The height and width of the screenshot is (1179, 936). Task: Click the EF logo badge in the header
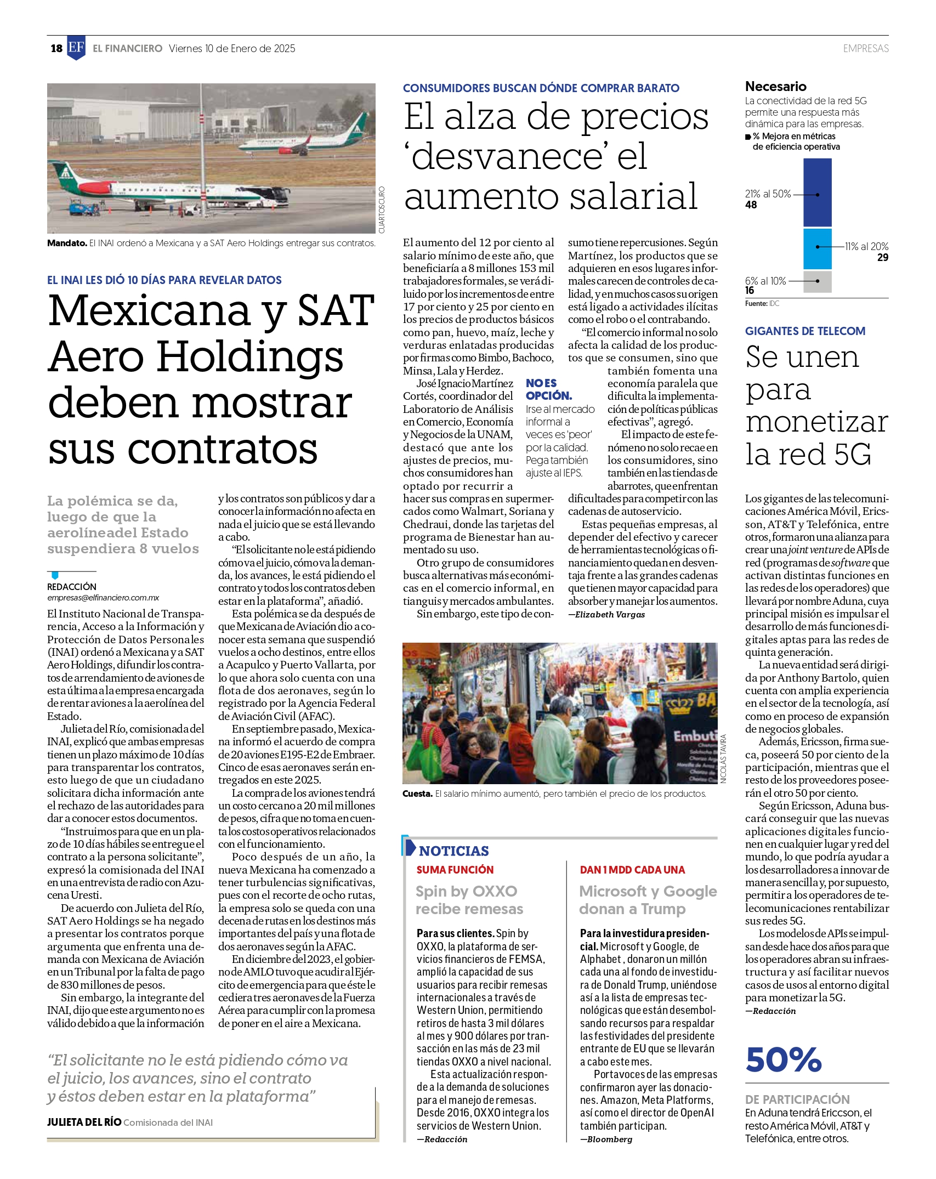(76, 48)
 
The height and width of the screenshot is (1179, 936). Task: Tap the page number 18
(56, 48)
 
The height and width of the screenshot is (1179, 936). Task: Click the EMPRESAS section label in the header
(865, 48)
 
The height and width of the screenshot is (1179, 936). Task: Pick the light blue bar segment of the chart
(817, 248)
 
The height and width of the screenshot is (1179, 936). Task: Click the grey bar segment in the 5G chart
(817, 281)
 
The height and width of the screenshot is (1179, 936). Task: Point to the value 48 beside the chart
(751, 205)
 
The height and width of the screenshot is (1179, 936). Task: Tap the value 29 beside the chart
(882, 257)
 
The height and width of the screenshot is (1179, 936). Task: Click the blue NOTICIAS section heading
(454, 851)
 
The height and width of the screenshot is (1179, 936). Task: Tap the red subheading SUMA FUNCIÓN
(455, 870)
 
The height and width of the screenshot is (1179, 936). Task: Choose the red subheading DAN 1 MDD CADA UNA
(632, 870)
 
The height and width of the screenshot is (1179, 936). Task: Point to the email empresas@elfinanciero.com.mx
(103, 598)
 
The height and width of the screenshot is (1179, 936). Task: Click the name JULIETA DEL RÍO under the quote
(84, 1122)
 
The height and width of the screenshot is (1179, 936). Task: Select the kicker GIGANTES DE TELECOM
(805, 331)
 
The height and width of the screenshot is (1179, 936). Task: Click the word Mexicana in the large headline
(150, 311)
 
